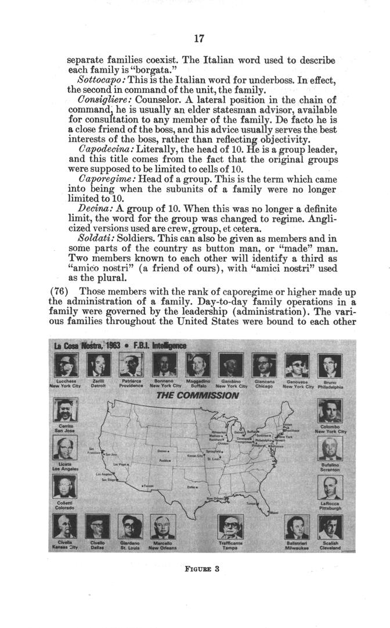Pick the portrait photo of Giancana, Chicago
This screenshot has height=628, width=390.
point(265,365)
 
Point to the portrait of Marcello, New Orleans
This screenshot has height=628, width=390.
point(163,527)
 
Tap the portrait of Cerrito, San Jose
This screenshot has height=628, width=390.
point(64,410)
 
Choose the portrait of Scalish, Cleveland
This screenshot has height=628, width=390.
point(330,527)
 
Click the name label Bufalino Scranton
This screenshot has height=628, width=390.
point(330,466)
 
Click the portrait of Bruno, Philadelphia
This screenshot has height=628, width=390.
point(330,365)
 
